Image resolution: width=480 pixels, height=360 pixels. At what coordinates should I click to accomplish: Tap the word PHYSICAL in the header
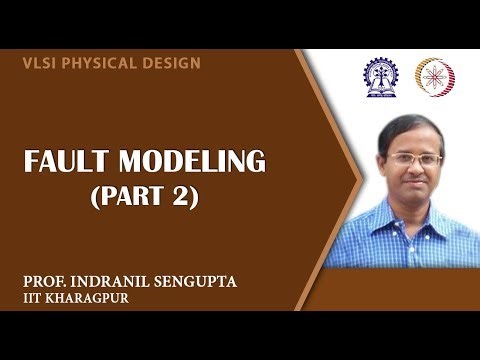[x=96, y=63]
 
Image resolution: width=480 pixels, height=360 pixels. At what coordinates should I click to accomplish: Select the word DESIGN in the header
[x=170, y=63]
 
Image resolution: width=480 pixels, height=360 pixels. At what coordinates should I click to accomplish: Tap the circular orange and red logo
[x=434, y=77]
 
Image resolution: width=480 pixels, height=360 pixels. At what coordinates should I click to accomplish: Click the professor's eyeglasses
[x=413, y=160]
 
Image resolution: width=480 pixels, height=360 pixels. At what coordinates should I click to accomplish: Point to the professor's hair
[x=411, y=128]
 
